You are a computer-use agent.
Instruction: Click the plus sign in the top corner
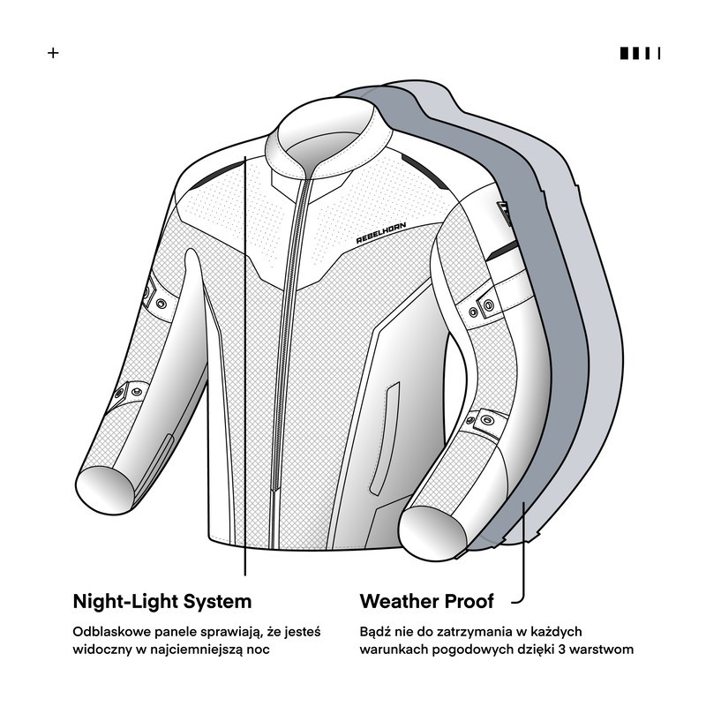tap(53, 53)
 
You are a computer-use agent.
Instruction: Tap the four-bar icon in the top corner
tap(640, 53)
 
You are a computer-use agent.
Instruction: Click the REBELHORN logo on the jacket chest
tap(381, 233)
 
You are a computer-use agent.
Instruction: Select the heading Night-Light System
tap(162, 602)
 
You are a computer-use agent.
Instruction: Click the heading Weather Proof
tap(426, 602)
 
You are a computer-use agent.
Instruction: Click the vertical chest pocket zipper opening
tap(385, 439)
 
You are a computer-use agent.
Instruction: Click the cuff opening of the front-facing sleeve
tap(105, 490)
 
